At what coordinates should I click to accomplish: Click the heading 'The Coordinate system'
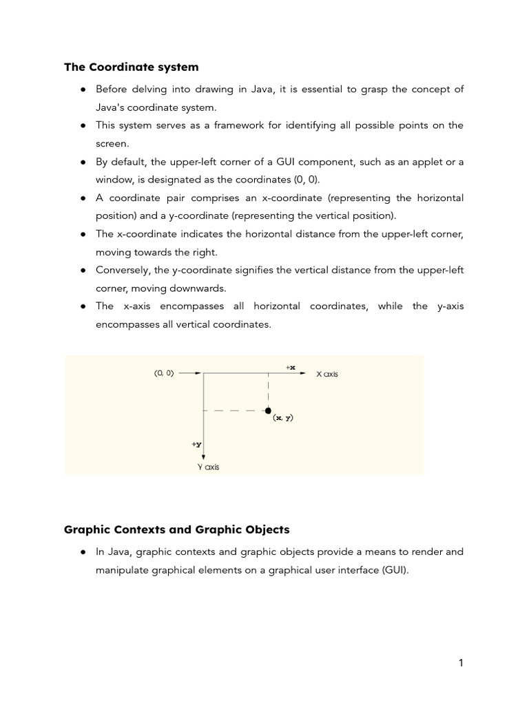point(131,67)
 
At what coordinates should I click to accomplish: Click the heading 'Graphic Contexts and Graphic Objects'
point(176,529)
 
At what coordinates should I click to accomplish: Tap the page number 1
point(461,663)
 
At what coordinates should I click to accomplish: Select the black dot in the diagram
point(268,410)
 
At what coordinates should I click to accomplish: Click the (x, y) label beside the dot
point(282,418)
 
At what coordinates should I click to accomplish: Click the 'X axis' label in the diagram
point(327,375)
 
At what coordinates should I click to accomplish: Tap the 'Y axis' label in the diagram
point(208,467)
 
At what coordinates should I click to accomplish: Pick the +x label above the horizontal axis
point(290,368)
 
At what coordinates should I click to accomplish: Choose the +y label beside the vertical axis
point(196,445)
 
